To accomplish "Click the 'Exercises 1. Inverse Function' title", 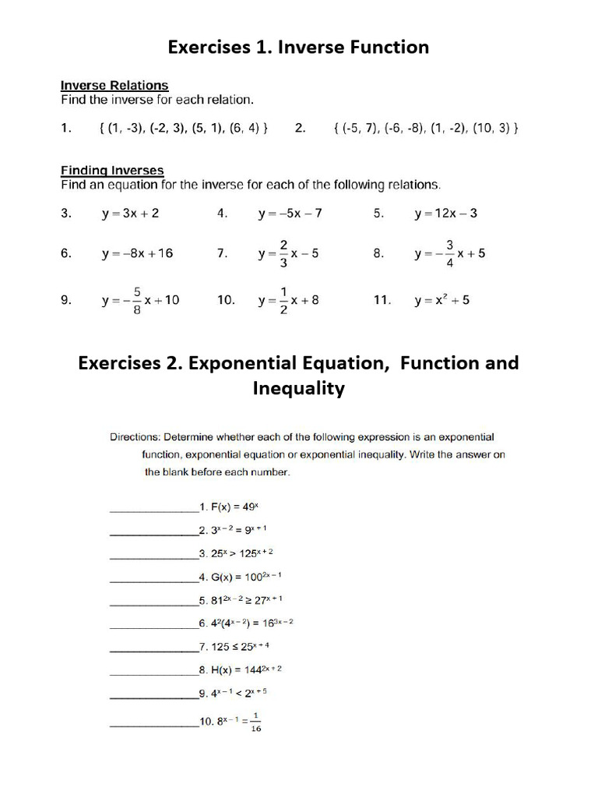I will [x=298, y=48].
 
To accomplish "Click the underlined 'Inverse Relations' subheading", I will [x=114, y=85].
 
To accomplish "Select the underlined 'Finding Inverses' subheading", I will [x=112, y=170].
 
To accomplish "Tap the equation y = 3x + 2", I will [x=130, y=213].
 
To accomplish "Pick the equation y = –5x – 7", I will [x=290, y=213].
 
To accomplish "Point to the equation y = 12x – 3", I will [x=446, y=213].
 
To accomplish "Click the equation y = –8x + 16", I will [x=137, y=253].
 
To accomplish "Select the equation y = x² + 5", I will [x=441, y=300].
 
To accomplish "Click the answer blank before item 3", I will [x=153, y=557].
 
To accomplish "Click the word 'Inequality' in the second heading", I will [x=298, y=388].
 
